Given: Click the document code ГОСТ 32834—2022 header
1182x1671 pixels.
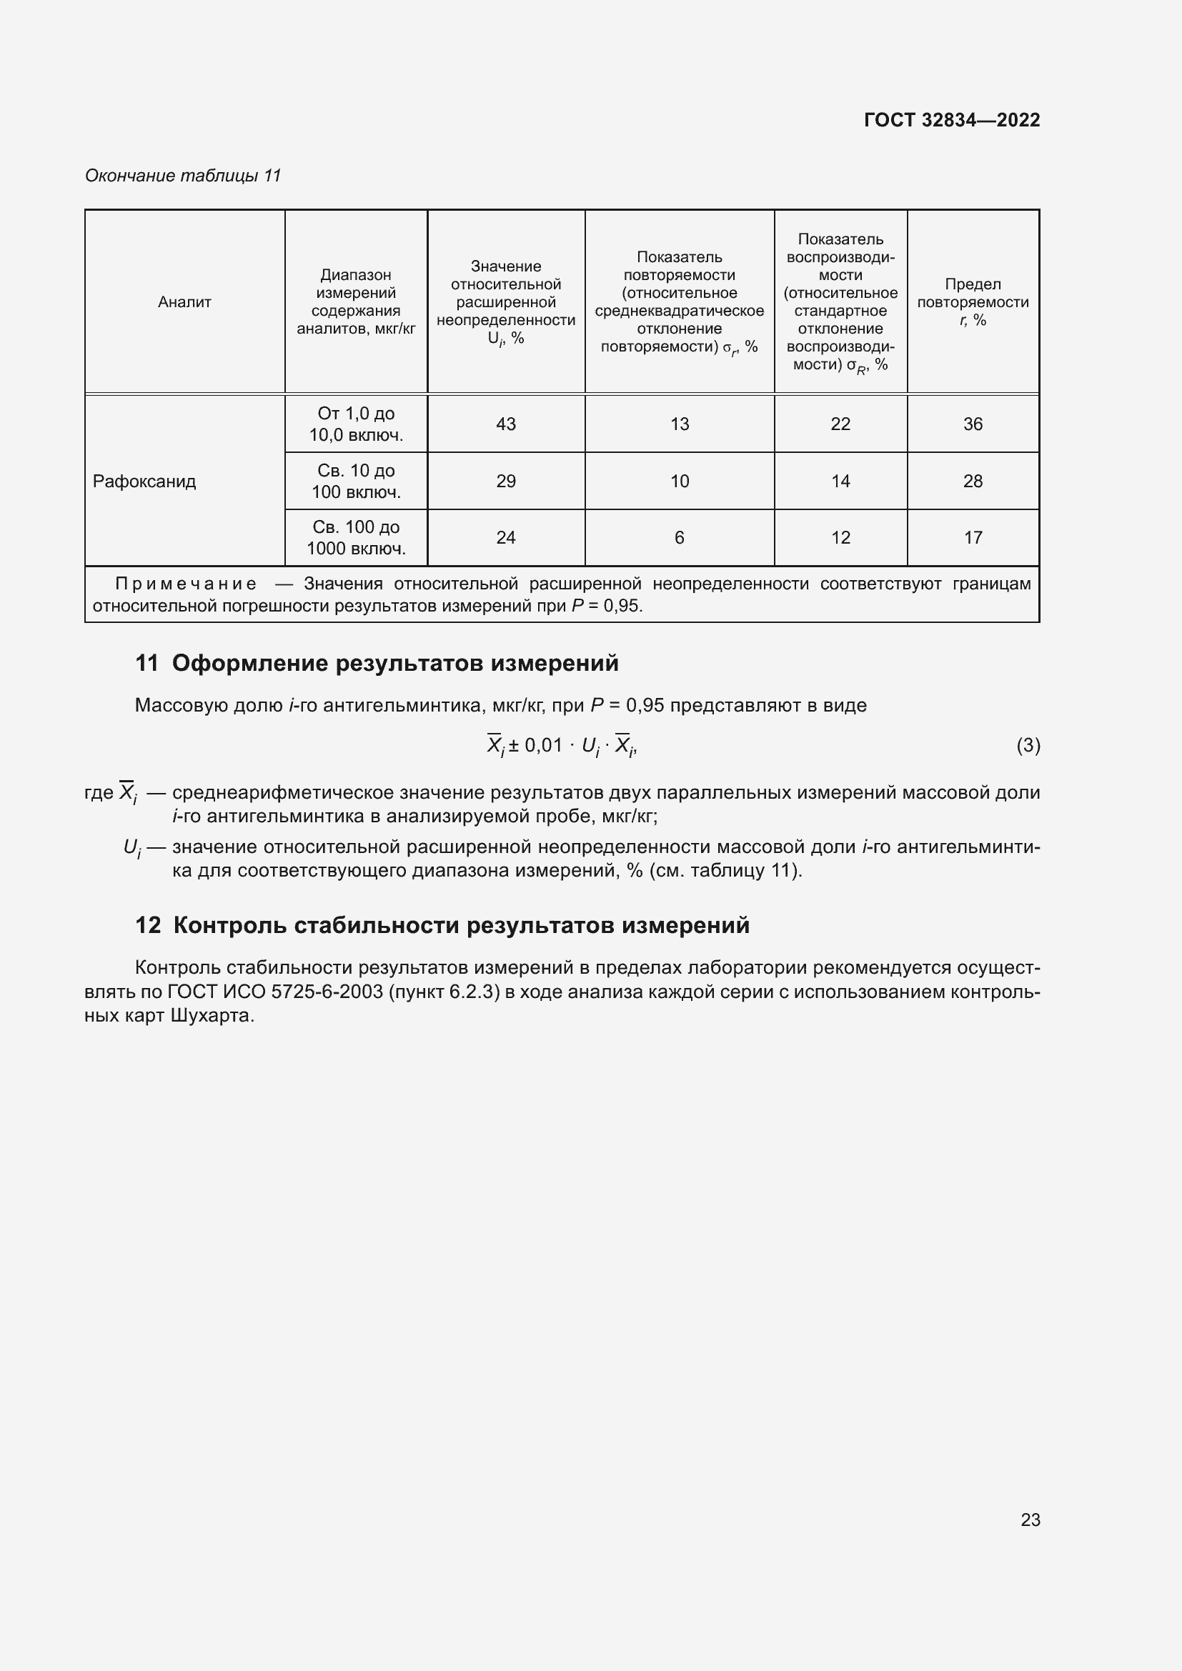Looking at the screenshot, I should (951, 120).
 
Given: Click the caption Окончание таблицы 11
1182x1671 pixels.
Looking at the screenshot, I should (183, 176).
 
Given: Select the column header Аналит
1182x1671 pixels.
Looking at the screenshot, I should (184, 302).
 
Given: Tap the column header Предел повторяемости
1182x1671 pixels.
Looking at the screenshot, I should (973, 302).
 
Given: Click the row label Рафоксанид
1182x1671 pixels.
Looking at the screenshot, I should (144, 481).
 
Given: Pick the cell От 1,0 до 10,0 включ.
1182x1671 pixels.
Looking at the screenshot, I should (356, 424).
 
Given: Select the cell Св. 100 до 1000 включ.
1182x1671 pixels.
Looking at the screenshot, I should (356, 538).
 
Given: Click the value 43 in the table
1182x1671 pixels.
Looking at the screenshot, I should (506, 424).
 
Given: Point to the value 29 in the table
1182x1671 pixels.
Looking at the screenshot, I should (506, 481).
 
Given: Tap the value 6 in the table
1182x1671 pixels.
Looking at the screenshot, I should (679, 538).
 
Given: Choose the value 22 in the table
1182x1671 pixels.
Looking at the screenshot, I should (840, 424).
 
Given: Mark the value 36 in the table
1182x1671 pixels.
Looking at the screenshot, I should (973, 424).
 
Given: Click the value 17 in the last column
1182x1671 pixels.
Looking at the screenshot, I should (973, 538).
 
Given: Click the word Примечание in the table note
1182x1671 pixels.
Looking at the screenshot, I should (186, 584).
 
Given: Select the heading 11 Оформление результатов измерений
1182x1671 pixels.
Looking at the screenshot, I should (377, 663).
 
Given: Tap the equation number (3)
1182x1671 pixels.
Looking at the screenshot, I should (1028, 745).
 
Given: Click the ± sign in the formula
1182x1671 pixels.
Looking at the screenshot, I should (513, 745).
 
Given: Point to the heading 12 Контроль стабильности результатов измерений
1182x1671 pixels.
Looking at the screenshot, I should (442, 925).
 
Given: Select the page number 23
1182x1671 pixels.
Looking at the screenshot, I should (1030, 1520).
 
